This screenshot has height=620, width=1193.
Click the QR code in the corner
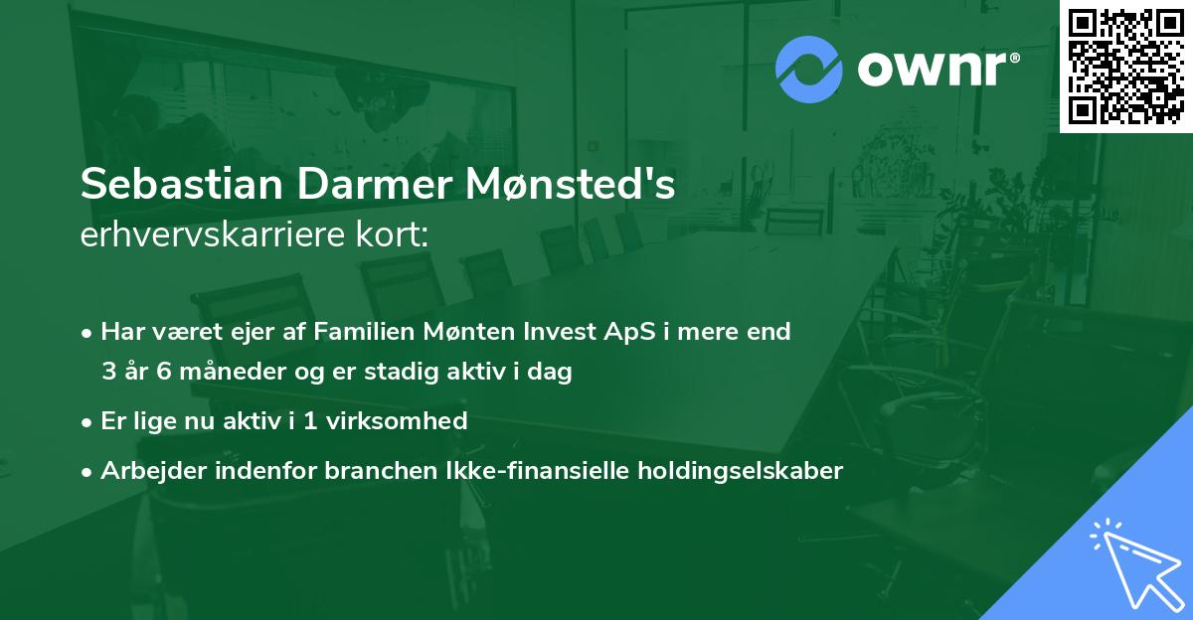click(x=1125, y=67)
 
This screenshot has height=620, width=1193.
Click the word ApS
click(x=631, y=332)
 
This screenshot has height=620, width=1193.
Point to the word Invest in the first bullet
click(x=574, y=332)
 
